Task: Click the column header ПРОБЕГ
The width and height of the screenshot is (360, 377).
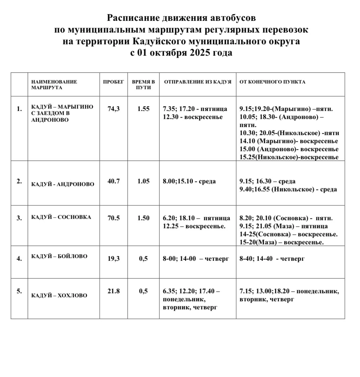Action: click(x=113, y=82)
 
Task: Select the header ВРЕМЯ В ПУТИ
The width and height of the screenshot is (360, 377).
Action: click(x=143, y=84)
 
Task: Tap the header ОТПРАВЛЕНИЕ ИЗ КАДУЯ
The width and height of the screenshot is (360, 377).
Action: click(x=198, y=82)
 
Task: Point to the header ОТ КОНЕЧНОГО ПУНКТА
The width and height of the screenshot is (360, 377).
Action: click(x=272, y=82)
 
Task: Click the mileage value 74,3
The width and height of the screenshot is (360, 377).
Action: click(x=114, y=109)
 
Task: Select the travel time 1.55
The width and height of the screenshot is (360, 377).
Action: click(x=143, y=109)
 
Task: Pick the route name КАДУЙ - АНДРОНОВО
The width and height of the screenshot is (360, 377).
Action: click(x=63, y=184)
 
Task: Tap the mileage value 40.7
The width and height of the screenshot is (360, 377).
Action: click(x=114, y=181)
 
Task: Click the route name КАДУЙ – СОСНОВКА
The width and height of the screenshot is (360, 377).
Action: click(x=61, y=217)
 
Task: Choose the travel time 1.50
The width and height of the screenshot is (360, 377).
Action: click(x=143, y=218)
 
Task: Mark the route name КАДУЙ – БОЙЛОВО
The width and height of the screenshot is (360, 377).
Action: click(x=59, y=256)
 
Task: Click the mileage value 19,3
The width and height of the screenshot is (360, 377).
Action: click(x=114, y=258)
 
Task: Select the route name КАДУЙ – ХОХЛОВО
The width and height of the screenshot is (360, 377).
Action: click(x=59, y=295)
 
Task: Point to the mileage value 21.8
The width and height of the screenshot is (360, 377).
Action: click(x=114, y=291)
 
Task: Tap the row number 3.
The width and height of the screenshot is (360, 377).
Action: click(x=19, y=218)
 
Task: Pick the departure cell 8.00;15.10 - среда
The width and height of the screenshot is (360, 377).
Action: click(x=189, y=181)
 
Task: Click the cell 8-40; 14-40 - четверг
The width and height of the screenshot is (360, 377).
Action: click(x=272, y=258)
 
